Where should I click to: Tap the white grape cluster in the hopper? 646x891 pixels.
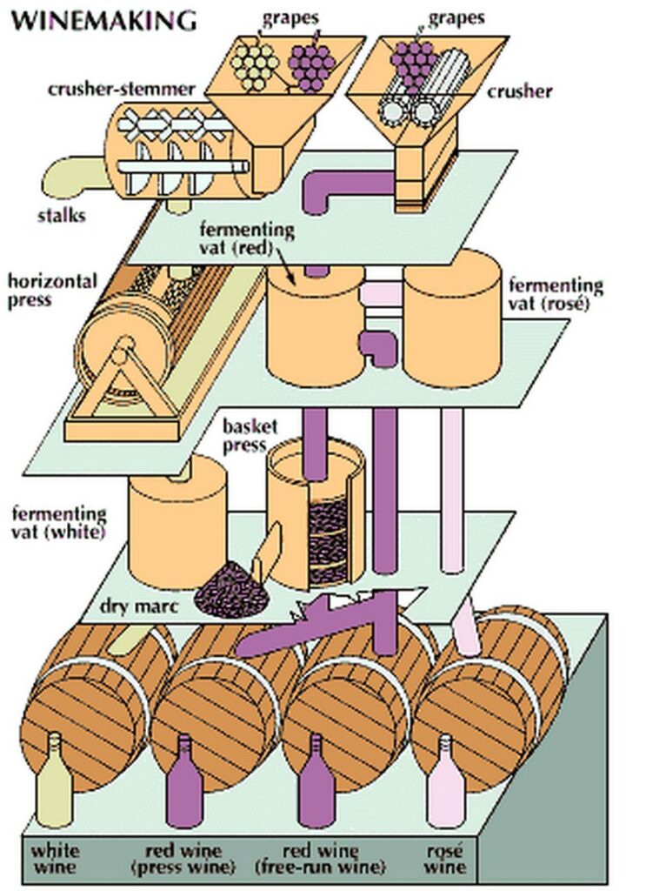click(x=255, y=61)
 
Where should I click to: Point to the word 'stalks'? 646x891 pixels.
click(x=63, y=215)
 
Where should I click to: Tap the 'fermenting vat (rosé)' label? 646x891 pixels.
click(x=556, y=295)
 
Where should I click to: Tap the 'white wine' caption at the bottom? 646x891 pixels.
click(x=56, y=859)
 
